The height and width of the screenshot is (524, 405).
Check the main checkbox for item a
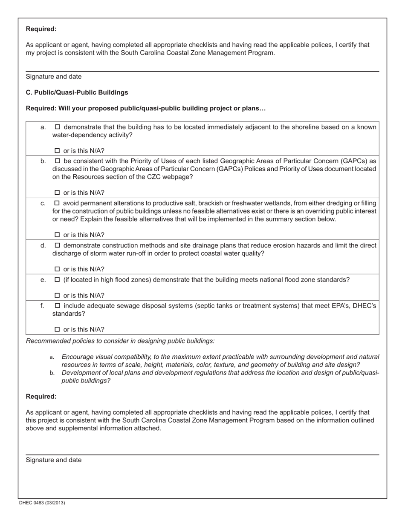[x=58, y=127]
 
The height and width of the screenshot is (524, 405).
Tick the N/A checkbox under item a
[x=58, y=151]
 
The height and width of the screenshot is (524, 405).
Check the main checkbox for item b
[x=58, y=161]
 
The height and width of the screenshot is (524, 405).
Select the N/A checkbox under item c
[x=58, y=235]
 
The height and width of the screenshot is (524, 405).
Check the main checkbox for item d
[x=58, y=245]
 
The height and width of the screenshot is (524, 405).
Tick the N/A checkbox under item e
[x=58, y=296]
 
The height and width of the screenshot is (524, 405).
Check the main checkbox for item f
[x=58, y=305]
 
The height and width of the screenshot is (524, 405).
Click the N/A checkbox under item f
[x=58, y=329]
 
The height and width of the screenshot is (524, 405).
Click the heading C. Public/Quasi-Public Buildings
[x=77, y=92]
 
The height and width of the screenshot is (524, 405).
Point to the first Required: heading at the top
[x=41, y=29]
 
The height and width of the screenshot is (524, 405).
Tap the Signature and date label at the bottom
[x=54, y=460]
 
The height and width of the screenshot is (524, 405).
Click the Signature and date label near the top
[x=54, y=77]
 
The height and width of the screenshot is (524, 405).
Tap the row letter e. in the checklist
[x=43, y=280]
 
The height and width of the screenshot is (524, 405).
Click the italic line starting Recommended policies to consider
[x=120, y=341]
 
